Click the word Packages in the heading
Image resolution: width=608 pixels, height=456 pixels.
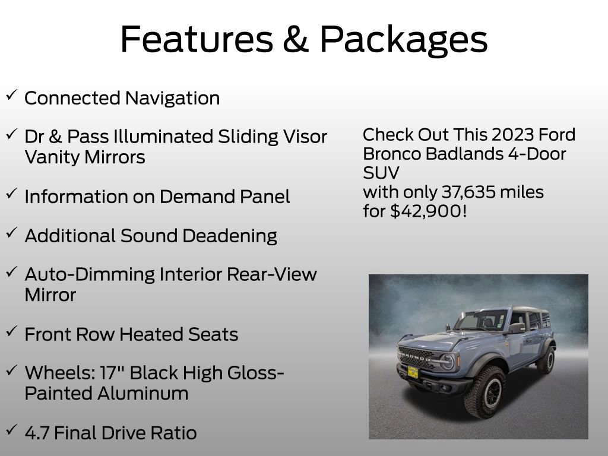[x=404, y=40]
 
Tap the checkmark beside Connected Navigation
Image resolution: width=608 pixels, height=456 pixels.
[x=11, y=95]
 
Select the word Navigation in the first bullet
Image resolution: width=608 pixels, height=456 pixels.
[x=172, y=98]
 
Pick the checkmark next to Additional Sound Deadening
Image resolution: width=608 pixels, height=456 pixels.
[x=11, y=233]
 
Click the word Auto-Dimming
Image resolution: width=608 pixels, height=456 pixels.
[x=89, y=274]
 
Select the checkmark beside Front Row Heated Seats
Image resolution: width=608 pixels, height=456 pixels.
[x=11, y=331]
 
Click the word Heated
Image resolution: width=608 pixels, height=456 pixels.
[x=153, y=334]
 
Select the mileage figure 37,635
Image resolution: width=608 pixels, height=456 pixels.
[x=468, y=192]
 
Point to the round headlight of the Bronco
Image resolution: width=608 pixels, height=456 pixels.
[x=447, y=361]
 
